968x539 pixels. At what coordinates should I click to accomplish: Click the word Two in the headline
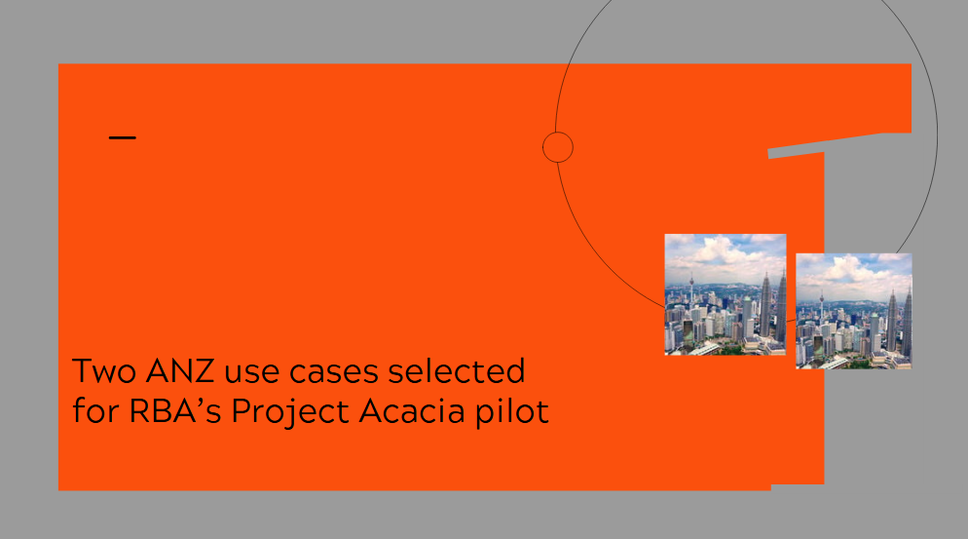point(103,371)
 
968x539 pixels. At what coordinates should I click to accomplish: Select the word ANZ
point(179,371)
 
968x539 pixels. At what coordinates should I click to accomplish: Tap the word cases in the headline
point(333,372)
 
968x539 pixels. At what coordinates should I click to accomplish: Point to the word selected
point(456,371)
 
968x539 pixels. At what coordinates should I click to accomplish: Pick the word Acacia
point(412,411)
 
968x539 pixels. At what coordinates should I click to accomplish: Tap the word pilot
point(512,412)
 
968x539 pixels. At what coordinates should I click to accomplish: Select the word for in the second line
point(95,411)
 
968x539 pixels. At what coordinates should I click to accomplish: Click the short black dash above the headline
point(123,137)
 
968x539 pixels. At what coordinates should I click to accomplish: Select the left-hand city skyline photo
point(726,295)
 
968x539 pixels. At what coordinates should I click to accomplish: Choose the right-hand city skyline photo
point(854,312)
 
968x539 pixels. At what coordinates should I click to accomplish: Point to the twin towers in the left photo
point(773,306)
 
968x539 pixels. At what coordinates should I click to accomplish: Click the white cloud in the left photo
point(723,250)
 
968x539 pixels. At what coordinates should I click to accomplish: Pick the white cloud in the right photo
point(852,269)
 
